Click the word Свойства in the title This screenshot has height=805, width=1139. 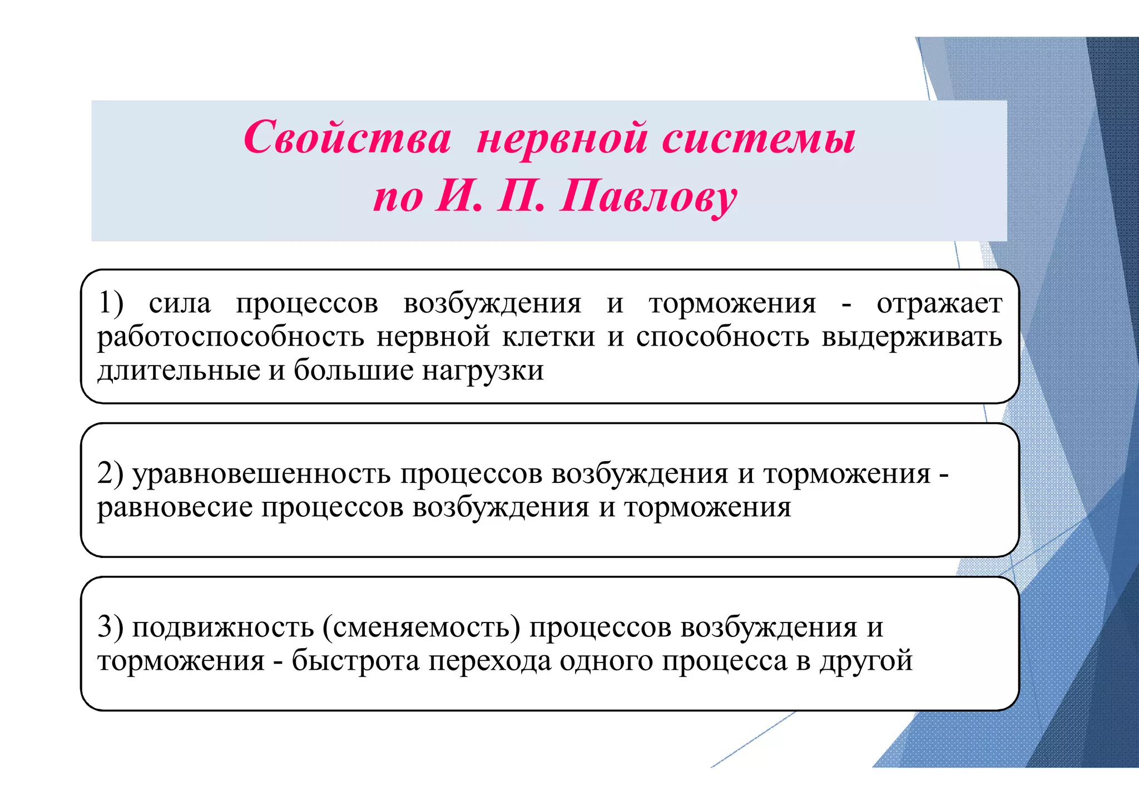[x=347, y=138]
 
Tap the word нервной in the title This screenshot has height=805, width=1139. [x=562, y=138]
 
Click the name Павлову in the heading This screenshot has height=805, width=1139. [x=648, y=197]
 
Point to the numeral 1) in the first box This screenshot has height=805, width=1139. [x=111, y=304]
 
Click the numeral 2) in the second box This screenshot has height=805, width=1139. [x=110, y=473]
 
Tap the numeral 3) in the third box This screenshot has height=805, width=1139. [x=110, y=627]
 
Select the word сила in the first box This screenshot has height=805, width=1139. [x=180, y=304]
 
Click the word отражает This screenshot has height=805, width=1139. [x=939, y=304]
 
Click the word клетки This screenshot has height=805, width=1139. [x=548, y=337]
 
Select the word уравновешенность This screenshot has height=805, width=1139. [x=261, y=475]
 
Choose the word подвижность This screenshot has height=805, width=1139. [x=222, y=628]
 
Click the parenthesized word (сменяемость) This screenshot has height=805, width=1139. [x=421, y=628]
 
